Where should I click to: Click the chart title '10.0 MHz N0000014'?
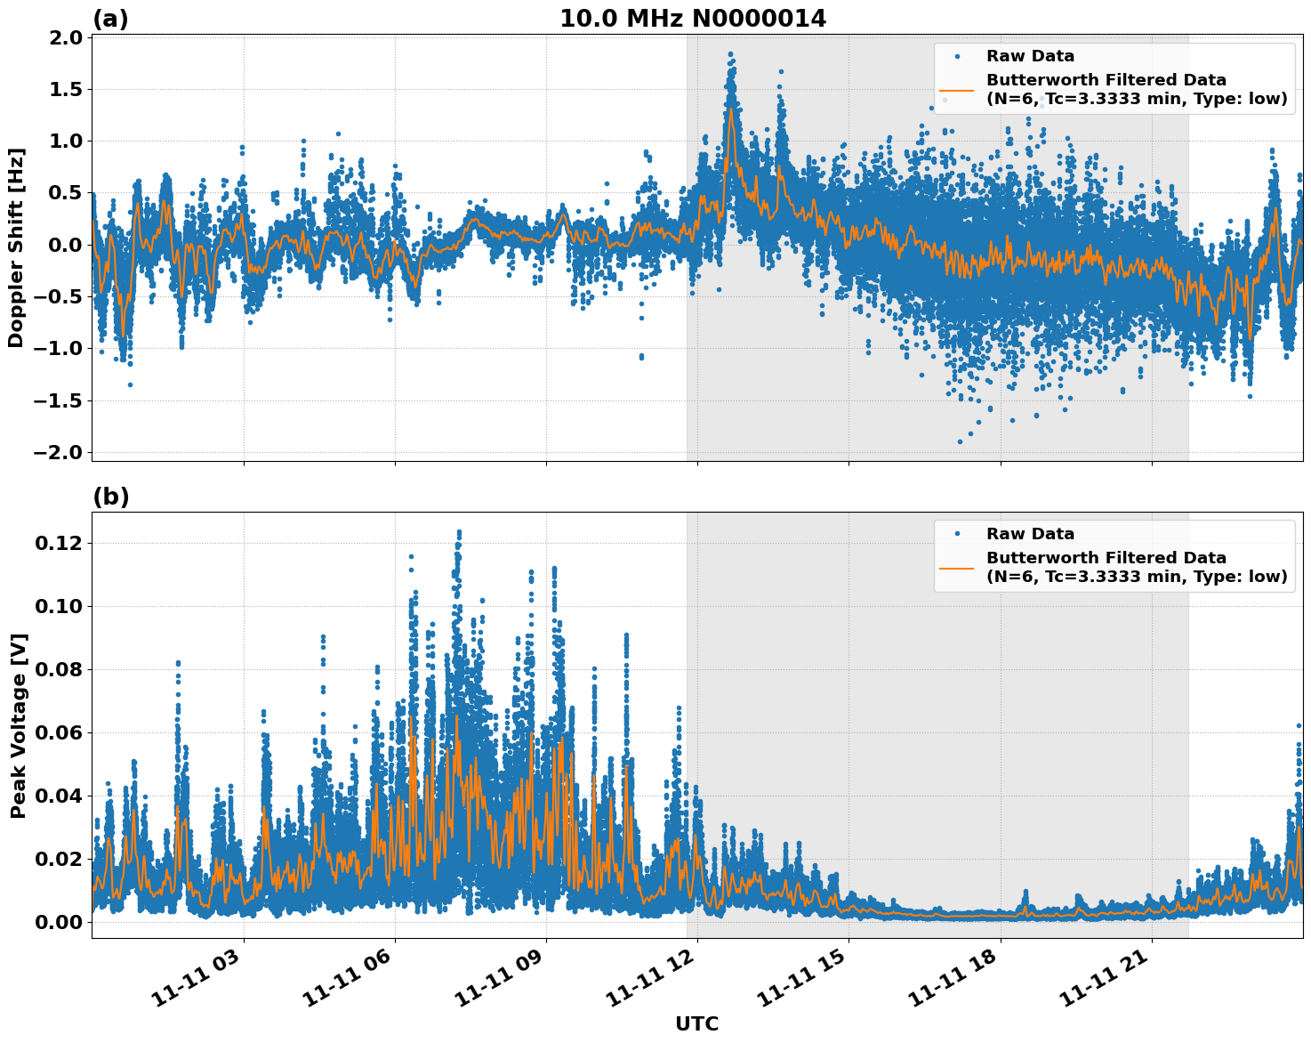(693, 19)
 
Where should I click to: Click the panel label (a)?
(110, 19)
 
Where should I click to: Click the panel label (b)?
(111, 497)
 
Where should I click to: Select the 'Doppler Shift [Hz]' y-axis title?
(16, 247)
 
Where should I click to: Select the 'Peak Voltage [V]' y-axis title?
(18, 725)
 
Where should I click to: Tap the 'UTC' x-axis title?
(696, 1023)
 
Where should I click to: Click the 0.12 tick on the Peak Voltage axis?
(60, 543)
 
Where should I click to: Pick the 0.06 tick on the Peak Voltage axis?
(60, 732)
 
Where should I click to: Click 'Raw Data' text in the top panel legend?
(1030, 56)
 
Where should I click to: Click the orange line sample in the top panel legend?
(957, 90)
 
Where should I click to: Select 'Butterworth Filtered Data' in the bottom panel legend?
(1106, 558)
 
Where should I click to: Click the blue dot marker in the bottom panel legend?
(957, 534)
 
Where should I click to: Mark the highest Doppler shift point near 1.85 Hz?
(730, 54)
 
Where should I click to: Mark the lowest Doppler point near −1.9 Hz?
(960, 441)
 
